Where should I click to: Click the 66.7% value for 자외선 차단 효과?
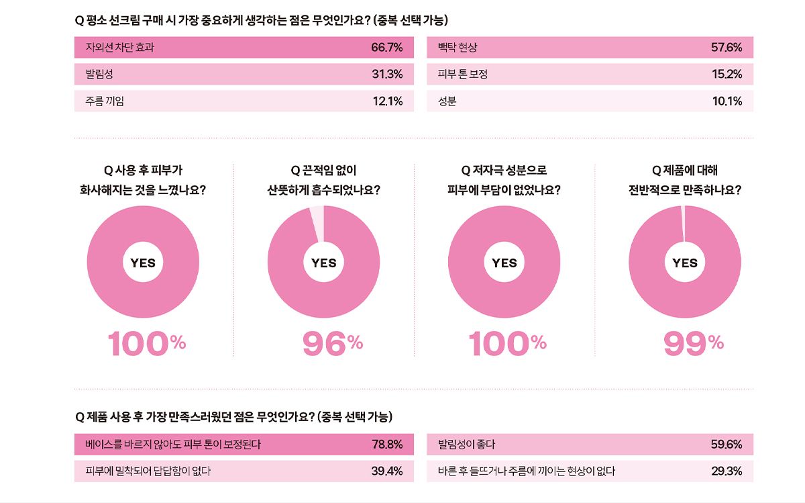(386, 48)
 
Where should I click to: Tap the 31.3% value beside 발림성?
(387, 75)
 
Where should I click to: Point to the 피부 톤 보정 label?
(462, 75)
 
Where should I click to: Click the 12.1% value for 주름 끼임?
(387, 101)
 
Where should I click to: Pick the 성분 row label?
(447, 101)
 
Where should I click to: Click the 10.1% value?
(727, 101)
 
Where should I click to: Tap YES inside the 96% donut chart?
(324, 263)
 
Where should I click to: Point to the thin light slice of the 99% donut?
(683, 222)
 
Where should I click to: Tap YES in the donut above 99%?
(685, 263)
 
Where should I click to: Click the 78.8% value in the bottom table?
(387, 444)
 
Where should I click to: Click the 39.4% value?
(387, 471)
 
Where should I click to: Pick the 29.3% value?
(727, 471)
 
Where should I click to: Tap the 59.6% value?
(727, 444)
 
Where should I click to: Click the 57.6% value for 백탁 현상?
(727, 48)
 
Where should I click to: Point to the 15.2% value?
(727, 75)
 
